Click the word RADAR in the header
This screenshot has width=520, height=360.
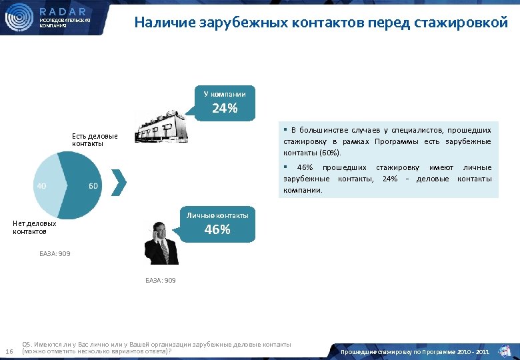click(63, 11)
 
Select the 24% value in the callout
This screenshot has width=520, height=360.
click(225, 109)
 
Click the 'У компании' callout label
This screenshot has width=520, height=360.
click(225, 94)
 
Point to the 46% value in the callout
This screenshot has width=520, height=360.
click(217, 229)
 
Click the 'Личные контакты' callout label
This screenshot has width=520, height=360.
click(217, 215)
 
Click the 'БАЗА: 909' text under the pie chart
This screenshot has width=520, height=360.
click(55, 254)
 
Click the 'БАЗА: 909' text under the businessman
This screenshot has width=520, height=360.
click(161, 281)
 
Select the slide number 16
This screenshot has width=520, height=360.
click(9, 351)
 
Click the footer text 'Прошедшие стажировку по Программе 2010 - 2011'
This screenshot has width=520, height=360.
click(415, 351)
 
